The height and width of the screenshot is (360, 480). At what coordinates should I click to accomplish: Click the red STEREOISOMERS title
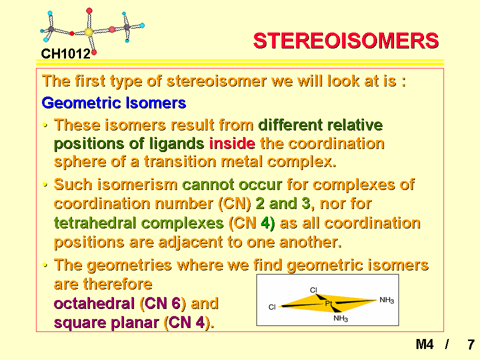click(x=346, y=40)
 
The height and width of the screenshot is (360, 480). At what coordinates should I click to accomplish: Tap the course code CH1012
click(x=66, y=54)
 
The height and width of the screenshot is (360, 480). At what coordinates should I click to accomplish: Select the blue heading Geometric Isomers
click(x=114, y=103)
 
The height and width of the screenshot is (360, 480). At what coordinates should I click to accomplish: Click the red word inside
click(x=232, y=143)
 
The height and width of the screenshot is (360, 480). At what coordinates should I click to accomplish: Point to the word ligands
click(x=176, y=144)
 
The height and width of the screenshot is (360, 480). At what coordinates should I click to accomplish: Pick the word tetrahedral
click(x=95, y=222)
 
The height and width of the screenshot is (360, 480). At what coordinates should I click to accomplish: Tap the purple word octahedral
click(x=94, y=303)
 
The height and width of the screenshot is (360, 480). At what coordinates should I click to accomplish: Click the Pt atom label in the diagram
click(x=328, y=303)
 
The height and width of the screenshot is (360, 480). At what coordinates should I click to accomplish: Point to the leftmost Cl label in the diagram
click(x=272, y=307)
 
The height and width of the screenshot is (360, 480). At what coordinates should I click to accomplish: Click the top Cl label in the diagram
click(x=313, y=289)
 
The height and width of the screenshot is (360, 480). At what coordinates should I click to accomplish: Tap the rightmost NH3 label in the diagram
click(x=386, y=300)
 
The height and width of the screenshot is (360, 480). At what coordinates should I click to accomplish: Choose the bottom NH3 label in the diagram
click(x=340, y=318)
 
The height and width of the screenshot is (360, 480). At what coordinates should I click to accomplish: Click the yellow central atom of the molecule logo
click(x=89, y=32)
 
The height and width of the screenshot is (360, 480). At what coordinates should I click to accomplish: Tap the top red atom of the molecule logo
click(x=89, y=11)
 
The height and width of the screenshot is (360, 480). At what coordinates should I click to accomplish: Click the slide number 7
click(x=471, y=344)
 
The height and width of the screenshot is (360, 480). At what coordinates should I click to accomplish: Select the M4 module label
click(x=424, y=344)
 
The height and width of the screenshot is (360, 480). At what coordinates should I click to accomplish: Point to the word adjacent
click(x=190, y=242)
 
